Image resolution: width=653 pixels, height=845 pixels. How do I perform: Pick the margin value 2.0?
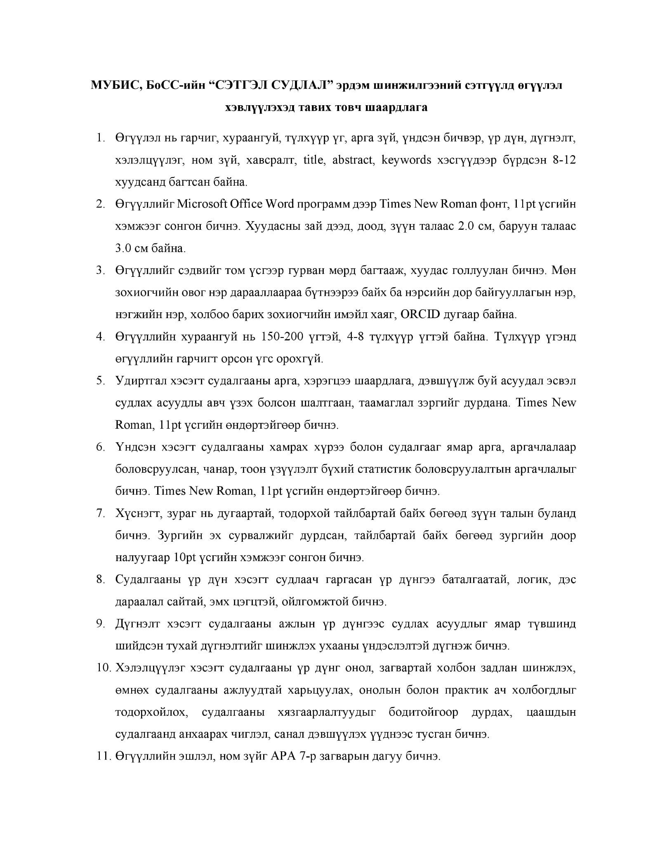(x=467, y=226)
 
